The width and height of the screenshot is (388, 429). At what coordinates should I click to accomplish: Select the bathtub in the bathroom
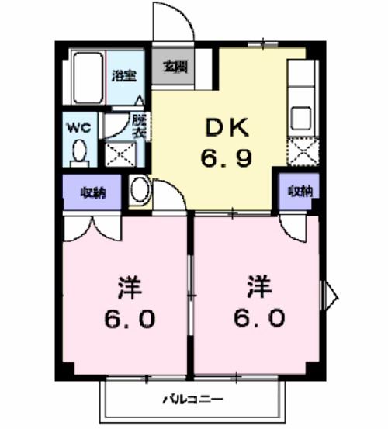(88, 78)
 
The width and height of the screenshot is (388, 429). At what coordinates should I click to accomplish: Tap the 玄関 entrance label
(173, 66)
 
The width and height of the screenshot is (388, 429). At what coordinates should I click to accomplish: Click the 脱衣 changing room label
(138, 126)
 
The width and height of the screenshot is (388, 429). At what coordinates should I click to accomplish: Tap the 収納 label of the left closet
(93, 193)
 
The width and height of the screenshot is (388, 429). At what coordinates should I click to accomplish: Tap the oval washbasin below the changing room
(140, 189)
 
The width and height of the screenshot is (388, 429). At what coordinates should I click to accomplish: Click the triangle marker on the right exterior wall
(331, 293)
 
